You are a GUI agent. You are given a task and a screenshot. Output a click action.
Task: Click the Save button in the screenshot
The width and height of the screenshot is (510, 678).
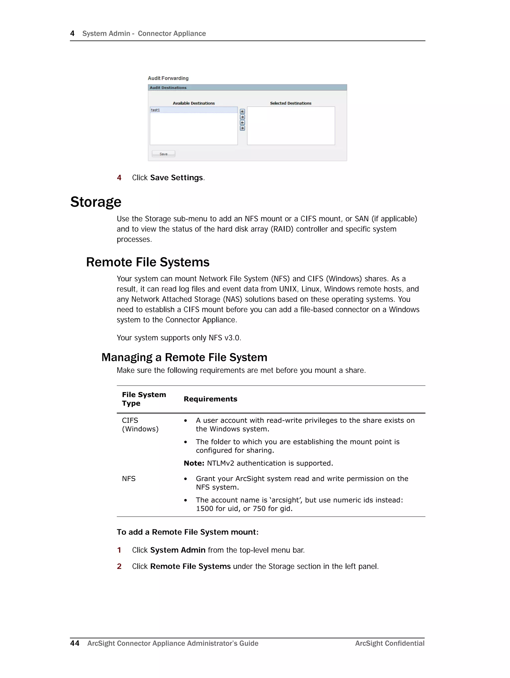tap(163, 154)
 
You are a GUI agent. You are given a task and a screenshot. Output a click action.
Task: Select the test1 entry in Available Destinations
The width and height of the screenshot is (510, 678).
tap(193, 110)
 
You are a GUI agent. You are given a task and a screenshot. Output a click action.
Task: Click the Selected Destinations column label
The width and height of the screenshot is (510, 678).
tap(290, 103)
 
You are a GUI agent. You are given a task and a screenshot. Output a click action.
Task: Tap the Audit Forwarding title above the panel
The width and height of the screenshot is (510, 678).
tap(168, 78)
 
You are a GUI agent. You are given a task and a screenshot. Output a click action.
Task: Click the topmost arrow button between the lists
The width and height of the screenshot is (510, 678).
tap(242, 111)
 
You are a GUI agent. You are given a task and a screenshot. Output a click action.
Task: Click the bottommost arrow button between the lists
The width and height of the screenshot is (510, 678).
tap(242, 128)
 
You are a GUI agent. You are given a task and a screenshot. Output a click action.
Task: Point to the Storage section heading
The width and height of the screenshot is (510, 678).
tap(96, 202)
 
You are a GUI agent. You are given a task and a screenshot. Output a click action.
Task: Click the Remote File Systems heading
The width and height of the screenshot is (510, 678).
tap(148, 262)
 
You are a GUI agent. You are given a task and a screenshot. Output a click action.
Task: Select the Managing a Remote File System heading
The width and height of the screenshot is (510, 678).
tap(184, 357)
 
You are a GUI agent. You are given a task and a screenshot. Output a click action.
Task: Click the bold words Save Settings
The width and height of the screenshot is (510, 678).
tap(177, 178)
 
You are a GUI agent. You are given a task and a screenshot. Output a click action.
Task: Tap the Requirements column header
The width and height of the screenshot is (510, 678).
tap(210, 399)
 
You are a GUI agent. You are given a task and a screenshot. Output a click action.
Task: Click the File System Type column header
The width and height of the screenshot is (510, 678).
tap(144, 399)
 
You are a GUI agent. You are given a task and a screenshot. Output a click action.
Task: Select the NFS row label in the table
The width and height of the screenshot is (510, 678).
tap(128, 479)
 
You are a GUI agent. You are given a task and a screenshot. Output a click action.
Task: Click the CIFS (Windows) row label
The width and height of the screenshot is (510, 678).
tap(140, 425)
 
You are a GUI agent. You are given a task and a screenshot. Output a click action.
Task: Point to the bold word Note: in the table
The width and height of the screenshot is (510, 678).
tap(194, 463)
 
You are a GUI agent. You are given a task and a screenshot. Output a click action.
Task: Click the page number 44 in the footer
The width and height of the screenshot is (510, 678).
tap(74, 643)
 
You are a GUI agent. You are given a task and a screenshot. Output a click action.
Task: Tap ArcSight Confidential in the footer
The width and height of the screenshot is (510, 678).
tap(389, 643)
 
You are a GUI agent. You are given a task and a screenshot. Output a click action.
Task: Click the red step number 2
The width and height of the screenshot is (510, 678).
tap(119, 567)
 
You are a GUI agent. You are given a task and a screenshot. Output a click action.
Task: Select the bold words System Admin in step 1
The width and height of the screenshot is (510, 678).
tap(178, 550)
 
